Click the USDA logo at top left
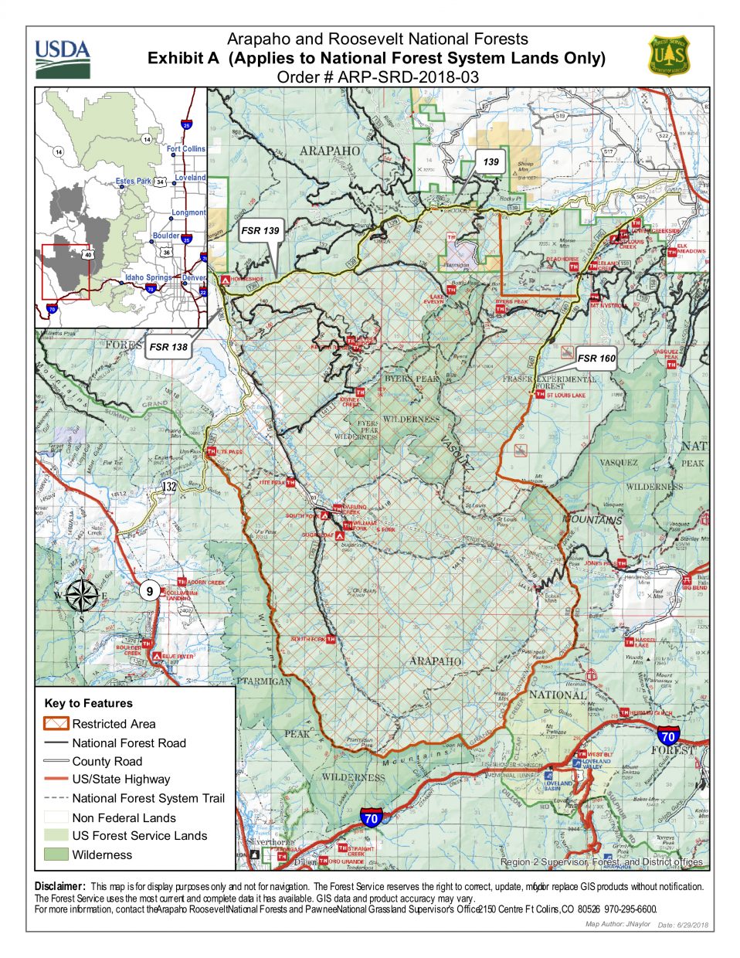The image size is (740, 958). click(62, 58)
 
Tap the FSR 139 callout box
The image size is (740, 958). click(260, 230)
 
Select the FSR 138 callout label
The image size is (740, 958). click(168, 347)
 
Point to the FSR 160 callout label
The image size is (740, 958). click(596, 358)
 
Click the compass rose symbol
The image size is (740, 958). click(81, 595)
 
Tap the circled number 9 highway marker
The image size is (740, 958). click(150, 591)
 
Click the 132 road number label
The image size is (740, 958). click(170, 487)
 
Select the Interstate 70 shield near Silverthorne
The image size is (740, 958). click(372, 817)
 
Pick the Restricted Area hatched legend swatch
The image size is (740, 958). click(56, 724)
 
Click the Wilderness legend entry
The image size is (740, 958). click(102, 854)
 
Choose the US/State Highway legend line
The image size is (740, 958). click(56, 779)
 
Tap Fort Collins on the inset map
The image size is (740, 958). click(186, 148)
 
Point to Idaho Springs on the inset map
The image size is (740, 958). click(148, 277)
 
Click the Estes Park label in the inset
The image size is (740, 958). click(134, 181)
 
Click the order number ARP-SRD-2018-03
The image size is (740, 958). click(378, 76)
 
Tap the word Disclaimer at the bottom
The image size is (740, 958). click(58, 886)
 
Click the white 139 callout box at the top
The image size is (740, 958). click(491, 161)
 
